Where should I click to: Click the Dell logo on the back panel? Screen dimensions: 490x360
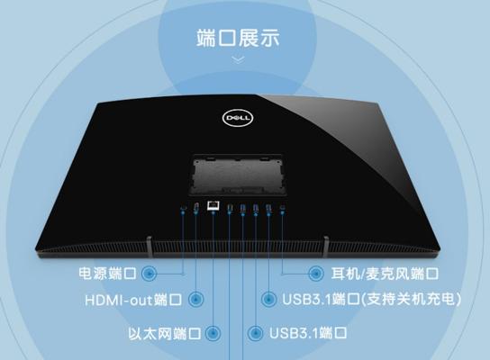tap(238, 118)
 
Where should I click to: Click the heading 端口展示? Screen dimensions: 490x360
tap(238, 38)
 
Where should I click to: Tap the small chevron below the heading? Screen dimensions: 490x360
tap(239, 59)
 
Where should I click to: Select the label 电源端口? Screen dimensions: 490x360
tap(107, 274)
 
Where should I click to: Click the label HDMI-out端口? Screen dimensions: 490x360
tap(133, 300)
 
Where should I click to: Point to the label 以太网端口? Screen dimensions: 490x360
tap(164, 333)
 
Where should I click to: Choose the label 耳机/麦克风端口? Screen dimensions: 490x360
tap(385, 274)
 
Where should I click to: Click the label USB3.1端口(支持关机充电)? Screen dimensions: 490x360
tap(372, 299)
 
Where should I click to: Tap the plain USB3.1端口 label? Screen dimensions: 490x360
tap(308, 333)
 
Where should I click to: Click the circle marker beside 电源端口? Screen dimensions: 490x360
tap(149, 274)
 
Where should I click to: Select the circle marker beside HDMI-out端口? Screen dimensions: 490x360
tap(196, 300)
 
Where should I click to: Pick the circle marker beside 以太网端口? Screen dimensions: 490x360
tap(213, 333)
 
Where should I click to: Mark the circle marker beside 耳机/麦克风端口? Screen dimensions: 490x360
tap(315, 274)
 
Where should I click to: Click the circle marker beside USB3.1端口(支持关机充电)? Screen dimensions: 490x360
tap(268, 299)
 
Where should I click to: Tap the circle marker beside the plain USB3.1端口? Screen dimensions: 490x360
tap(255, 333)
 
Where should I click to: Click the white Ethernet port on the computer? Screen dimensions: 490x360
tap(213, 205)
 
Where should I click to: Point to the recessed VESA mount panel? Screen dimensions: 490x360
tap(238, 175)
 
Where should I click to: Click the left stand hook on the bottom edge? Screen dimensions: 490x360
tap(150, 247)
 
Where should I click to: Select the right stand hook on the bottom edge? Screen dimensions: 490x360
tap(326, 247)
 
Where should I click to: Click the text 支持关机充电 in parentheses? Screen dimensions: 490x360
tap(411, 299)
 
